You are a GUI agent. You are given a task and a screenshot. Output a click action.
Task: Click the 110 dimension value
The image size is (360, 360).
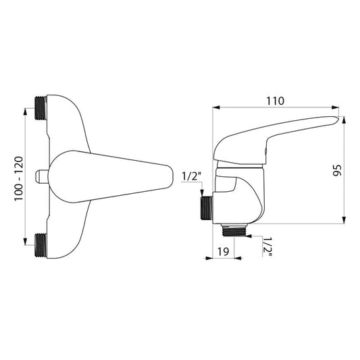coord(275,101)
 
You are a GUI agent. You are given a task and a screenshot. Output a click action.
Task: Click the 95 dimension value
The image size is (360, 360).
coord(337,170)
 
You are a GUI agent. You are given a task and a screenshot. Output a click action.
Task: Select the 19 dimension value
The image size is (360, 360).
coord(223,251)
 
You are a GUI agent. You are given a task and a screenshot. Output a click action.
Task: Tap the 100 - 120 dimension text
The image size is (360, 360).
coord(19,178)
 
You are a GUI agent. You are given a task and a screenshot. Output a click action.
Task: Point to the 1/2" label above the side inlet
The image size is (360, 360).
coord(191,176)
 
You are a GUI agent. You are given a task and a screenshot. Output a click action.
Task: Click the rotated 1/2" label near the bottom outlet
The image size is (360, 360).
coord(267,247)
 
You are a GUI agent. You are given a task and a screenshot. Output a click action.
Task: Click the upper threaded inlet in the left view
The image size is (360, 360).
coord(41,108)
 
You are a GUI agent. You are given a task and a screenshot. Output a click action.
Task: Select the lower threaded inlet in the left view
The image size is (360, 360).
coord(41,245)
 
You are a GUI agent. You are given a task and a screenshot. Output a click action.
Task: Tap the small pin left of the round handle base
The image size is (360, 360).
coord(42,176)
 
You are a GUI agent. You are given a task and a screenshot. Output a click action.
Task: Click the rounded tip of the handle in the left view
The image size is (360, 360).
coord(170,176)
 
